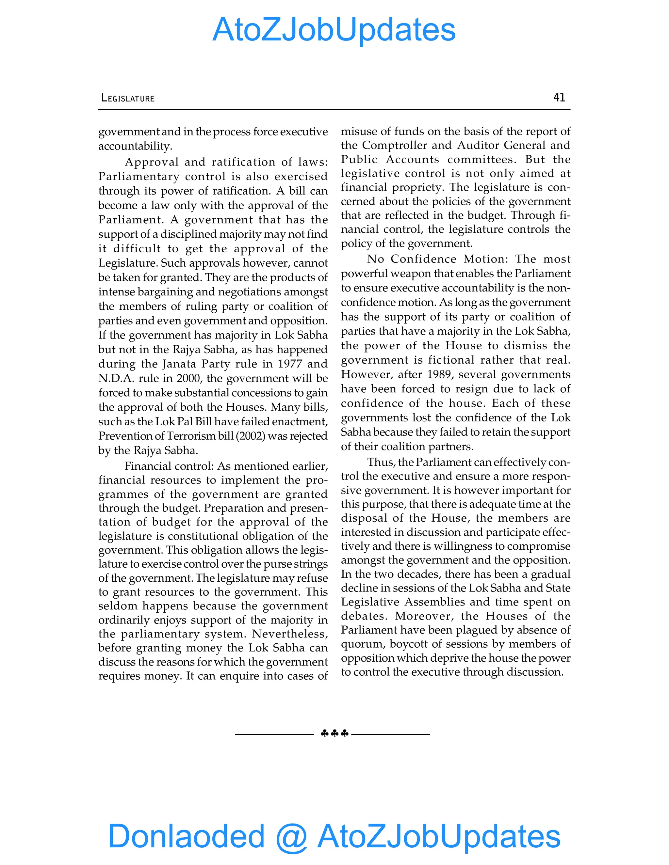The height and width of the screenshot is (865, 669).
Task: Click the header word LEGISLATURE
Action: [128, 98]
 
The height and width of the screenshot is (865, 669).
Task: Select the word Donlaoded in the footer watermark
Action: [186, 836]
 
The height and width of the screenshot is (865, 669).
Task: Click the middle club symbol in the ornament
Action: [334, 733]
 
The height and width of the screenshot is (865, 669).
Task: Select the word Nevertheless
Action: [290, 634]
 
